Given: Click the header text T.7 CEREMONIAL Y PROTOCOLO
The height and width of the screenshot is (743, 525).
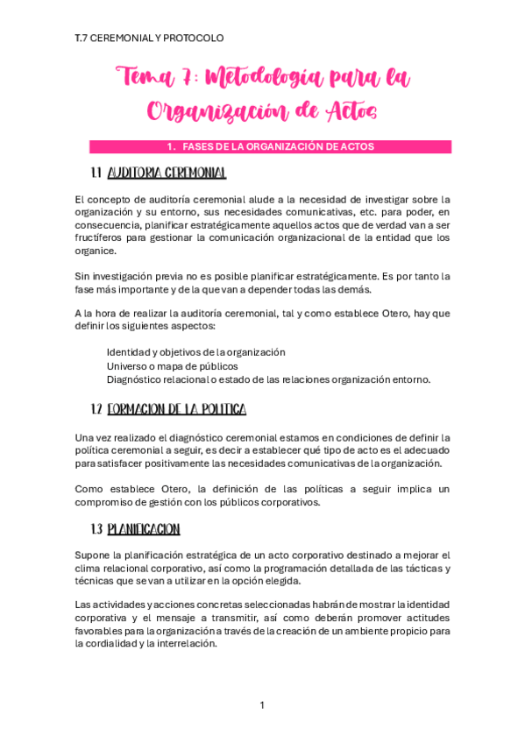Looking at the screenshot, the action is [x=150, y=38].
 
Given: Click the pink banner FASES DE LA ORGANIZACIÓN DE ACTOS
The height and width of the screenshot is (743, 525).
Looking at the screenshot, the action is [x=270, y=147].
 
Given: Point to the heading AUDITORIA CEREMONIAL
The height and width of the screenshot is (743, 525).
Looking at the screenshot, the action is [x=172, y=173].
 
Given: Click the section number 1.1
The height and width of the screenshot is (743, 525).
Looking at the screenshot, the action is [x=97, y=173].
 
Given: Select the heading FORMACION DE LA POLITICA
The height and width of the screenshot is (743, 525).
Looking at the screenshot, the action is [x=182, y=409].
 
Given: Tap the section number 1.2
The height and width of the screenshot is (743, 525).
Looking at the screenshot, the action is [x=97, y=409].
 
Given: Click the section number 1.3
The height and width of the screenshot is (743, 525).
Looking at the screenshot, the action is [x=97, y=529].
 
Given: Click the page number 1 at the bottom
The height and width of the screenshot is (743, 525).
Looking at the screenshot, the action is [x=262, y=705].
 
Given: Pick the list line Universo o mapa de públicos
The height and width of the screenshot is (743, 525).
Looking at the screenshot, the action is [x=172, y=365].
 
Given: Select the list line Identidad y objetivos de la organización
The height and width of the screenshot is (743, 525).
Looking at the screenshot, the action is [x=195, y=351].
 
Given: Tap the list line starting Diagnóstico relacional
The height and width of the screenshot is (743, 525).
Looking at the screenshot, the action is [x=268, y=379].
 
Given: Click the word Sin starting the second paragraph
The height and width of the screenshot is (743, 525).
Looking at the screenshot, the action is [x=83, y=275].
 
